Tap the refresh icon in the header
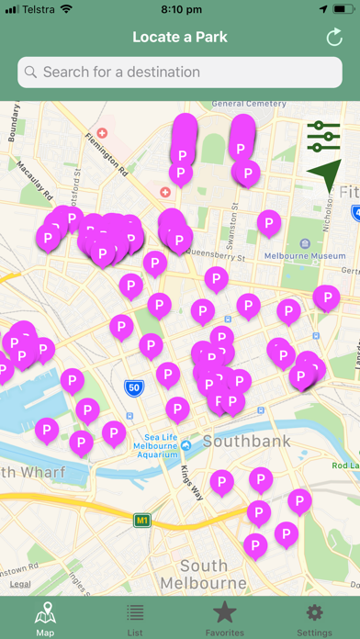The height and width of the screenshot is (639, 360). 334,38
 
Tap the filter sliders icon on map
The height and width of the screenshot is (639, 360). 323,136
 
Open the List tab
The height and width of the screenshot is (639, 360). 135,618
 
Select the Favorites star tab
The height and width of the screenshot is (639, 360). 225,618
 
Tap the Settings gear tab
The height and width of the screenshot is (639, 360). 314,618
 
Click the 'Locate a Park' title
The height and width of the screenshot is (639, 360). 180,38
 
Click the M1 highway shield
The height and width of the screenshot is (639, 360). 142,521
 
